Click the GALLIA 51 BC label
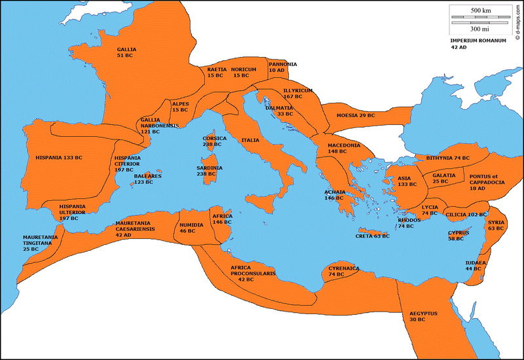pos(127,53)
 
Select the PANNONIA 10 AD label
pos(282,67)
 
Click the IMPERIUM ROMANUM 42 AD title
pos(478,44)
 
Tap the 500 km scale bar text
pos(481,11)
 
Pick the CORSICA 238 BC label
pos(215,141)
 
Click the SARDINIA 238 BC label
pos(210,171)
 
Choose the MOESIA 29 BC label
pos(356,115)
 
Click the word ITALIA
pos(250,140)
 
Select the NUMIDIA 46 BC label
pos(191,228)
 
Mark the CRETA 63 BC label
pos(372,236)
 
